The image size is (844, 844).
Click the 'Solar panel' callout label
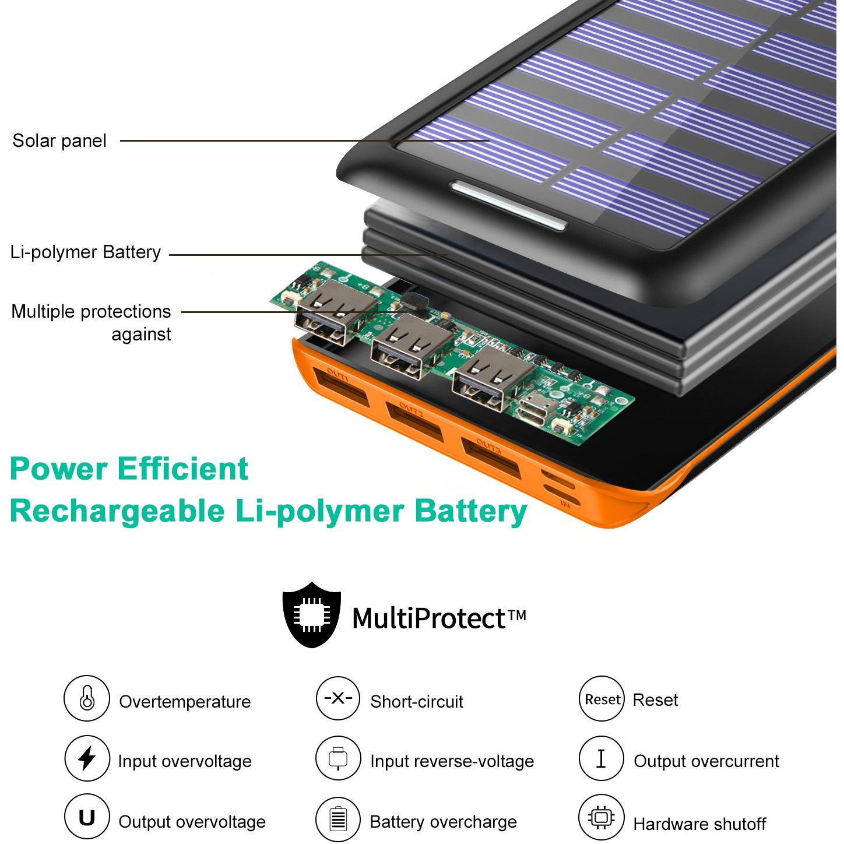click(59, 141)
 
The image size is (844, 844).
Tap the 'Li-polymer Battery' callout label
click(86, 253)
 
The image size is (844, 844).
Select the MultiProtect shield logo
click(311, 614)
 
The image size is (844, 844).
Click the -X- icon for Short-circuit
click(337, 698)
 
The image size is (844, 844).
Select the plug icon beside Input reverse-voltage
click(337, 758)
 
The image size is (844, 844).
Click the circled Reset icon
click(602, 699)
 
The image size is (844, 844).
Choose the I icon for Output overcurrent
click(602, 758)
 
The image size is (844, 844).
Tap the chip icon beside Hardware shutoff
click(602, 817)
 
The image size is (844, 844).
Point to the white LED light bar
click(509, 205)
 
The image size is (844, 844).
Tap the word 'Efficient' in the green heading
click(183, 469)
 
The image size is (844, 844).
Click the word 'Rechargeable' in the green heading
click(117, 512)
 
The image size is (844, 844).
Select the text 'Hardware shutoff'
click(699, 824)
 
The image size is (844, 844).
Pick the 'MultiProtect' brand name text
click(429, 618)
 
